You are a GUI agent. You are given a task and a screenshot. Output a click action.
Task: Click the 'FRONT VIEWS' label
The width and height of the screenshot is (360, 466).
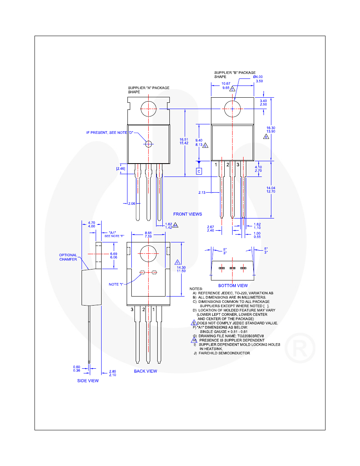click(188, 214)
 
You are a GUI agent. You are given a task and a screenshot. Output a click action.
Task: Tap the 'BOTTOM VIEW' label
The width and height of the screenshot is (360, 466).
click(233, 286)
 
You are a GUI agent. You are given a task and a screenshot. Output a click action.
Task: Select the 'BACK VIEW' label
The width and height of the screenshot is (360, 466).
click(145, 371)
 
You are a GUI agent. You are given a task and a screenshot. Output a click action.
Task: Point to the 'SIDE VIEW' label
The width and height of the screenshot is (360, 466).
click(88, 381)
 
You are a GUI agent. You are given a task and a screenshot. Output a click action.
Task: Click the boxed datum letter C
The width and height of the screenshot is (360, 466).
click(199, 171)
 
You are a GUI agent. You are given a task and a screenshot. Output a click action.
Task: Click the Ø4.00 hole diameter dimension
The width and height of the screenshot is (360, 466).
click(258, 77)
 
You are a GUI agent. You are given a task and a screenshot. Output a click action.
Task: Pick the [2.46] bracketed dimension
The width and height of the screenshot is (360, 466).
click(120, 169)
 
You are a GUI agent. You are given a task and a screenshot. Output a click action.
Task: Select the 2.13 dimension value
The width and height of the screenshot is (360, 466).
click(202, 192)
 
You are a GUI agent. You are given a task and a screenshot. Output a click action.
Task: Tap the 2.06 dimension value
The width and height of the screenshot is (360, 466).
click(132, 204)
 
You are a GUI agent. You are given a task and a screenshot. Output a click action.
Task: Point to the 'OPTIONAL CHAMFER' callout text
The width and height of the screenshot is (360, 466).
click(68, 257)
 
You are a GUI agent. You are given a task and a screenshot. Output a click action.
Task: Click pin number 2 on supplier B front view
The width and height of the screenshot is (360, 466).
click(227, 165)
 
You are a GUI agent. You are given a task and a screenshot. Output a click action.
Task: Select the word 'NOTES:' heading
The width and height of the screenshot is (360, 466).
click(196, 289)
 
